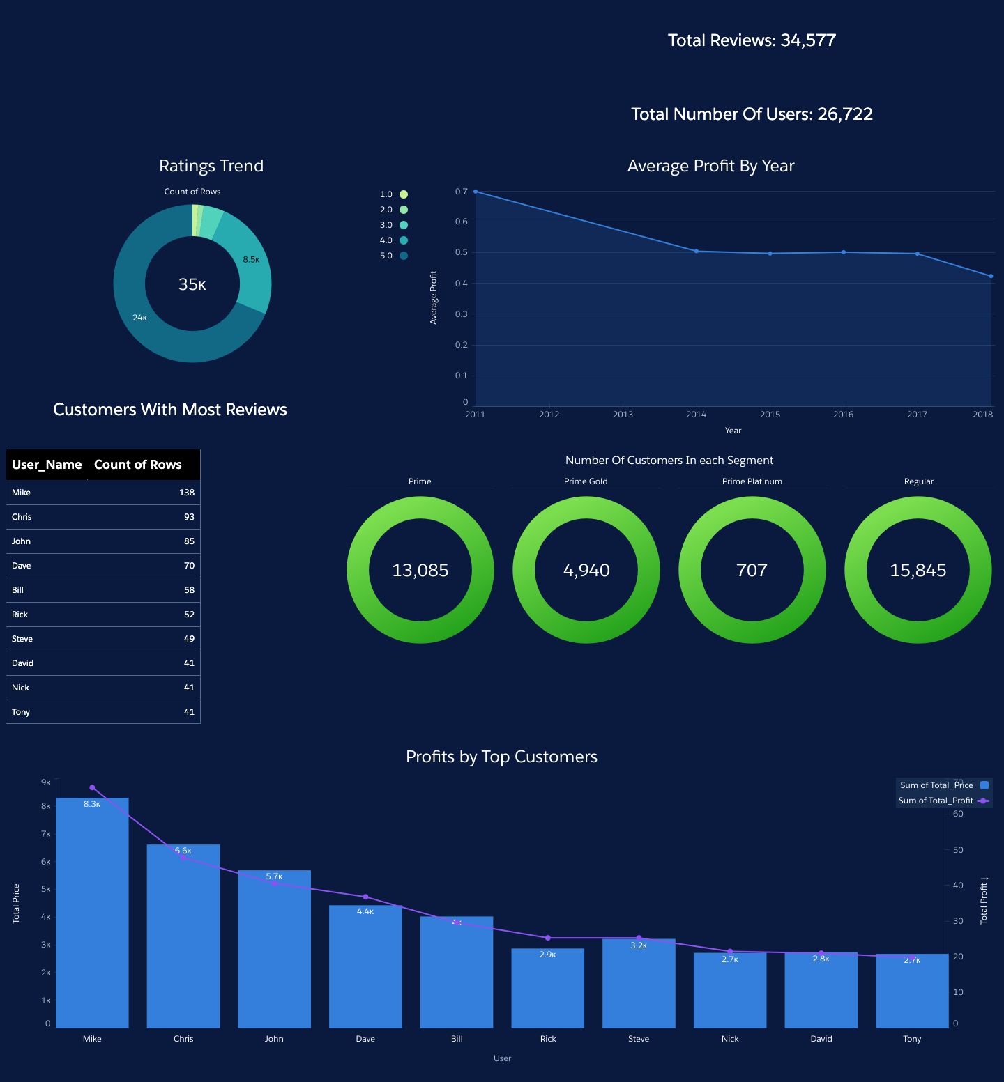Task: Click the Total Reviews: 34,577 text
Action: tap(752, 40)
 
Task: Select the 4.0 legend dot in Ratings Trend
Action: tap(404, 240)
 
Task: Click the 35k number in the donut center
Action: tap(192, 284)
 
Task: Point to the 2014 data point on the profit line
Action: tap(697, 252)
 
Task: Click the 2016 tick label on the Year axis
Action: tap(843, 415)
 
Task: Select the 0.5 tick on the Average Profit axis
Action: tap(461, 252)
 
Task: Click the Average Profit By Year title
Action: tap(710, 166)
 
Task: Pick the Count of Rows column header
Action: tap(138, 465)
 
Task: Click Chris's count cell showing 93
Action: tap(189, 517)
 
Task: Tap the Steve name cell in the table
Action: tap(22, 639)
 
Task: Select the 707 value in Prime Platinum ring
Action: tap(752, 571)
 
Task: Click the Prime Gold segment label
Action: tap(586, 481)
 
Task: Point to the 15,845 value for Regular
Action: tap(918, 571)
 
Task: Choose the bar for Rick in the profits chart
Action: tap(547, 989)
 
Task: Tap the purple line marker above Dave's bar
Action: tap(365, 897)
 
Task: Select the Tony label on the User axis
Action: tap(912, 1039)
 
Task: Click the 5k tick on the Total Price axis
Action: tap(45, 890)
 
